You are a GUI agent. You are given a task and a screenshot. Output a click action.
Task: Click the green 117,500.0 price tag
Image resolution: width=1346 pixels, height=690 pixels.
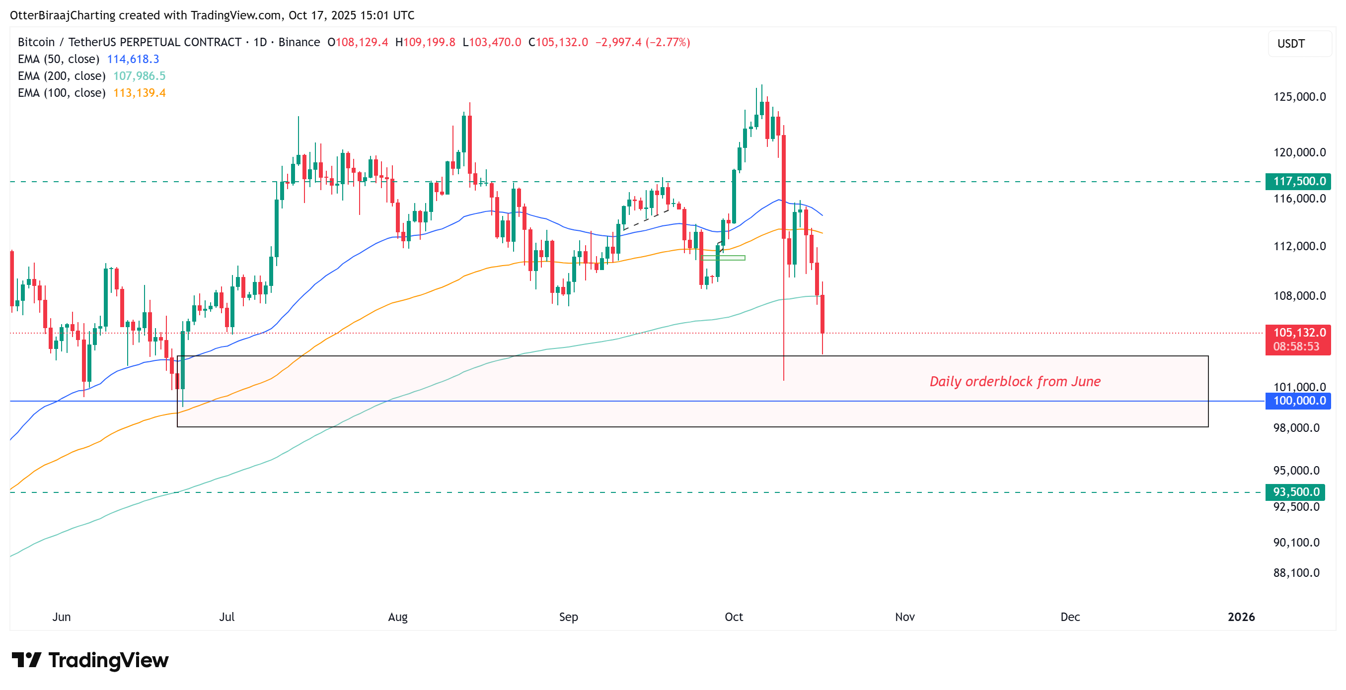1298,181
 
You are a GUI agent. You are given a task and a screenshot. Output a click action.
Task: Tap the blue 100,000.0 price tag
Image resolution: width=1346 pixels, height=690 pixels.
1298,401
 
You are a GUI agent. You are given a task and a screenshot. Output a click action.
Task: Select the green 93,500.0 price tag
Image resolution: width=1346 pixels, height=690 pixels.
1298,491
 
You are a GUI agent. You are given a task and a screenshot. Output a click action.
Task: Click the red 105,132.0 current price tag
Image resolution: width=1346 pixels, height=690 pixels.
1298,333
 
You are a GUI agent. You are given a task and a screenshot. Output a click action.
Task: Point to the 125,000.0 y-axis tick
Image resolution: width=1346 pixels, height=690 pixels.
1299,97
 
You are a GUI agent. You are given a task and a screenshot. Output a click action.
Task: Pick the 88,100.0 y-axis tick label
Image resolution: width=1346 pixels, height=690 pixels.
1296,572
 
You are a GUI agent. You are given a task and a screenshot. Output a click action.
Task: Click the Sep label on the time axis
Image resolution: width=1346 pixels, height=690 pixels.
569,617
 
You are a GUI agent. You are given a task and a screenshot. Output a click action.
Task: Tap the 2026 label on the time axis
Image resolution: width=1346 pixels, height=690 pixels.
1241,617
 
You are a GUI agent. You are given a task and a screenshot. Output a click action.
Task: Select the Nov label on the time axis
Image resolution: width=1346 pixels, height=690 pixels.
904,617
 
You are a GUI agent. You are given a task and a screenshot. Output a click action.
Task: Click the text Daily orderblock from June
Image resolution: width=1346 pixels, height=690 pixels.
1015,381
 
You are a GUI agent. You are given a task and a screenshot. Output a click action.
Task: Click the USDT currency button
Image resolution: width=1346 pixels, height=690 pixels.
1291,44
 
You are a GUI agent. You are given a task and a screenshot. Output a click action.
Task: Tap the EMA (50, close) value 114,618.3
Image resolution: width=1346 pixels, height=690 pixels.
133,59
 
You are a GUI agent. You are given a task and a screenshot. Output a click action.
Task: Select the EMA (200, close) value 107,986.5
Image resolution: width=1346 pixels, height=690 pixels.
139,76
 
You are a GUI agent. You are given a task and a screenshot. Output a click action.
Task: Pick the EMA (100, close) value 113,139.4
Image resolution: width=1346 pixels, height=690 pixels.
139,92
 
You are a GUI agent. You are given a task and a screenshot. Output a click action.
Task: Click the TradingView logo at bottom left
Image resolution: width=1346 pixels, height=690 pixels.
90,660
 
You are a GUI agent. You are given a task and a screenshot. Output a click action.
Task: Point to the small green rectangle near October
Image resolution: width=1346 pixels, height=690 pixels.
724,258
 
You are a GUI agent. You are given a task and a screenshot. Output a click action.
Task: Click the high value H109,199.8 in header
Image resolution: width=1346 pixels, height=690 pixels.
425,42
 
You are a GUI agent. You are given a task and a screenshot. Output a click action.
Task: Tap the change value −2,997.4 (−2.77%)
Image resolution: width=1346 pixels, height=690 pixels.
643,42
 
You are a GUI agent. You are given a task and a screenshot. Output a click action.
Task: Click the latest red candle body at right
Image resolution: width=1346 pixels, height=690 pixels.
823,313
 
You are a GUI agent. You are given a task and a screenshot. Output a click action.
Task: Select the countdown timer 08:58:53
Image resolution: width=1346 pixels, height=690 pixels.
1296,346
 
